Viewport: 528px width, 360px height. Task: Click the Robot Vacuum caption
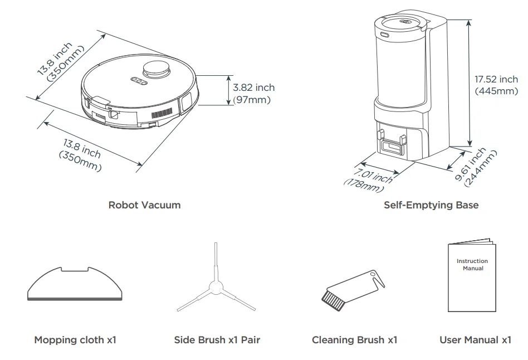coord(144,205)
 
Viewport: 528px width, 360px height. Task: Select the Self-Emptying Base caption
coord(431,205)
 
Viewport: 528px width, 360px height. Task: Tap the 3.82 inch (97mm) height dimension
coord(253,94)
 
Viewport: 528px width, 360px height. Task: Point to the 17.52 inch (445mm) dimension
coord(496,85)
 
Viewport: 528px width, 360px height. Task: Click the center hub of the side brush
coord(214,288)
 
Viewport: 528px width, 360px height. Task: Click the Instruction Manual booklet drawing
coord(472,277)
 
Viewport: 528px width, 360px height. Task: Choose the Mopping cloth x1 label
coord(75,339)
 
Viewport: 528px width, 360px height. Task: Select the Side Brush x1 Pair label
coord(217,339)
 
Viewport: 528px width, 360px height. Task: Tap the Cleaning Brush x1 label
coord(354,339)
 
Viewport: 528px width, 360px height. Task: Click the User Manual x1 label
coord(475,339)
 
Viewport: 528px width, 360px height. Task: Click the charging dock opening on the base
coord(391,146)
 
